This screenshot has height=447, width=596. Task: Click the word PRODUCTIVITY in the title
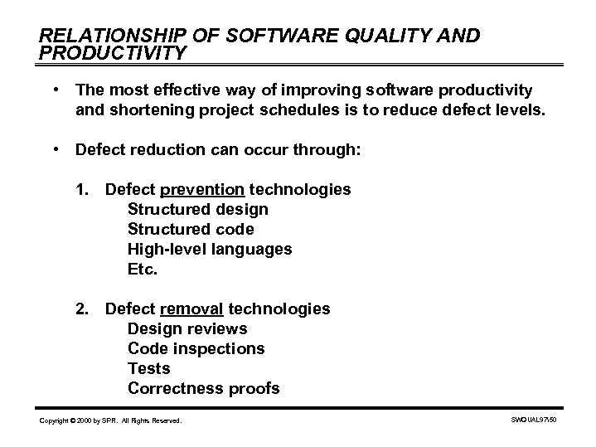[114, 53]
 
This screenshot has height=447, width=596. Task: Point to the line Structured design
[197, 210]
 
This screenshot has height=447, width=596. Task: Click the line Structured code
[191, 230]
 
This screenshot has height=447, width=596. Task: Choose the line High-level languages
[209, 250]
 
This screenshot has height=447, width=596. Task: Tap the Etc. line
[142, 270]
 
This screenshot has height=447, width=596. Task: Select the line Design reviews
[187, 329]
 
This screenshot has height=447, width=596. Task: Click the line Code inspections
[196, 349]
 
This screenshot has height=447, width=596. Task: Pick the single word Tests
[148, 369]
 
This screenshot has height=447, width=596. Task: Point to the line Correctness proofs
[203, 389]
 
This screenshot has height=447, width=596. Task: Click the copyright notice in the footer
[110, 422]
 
